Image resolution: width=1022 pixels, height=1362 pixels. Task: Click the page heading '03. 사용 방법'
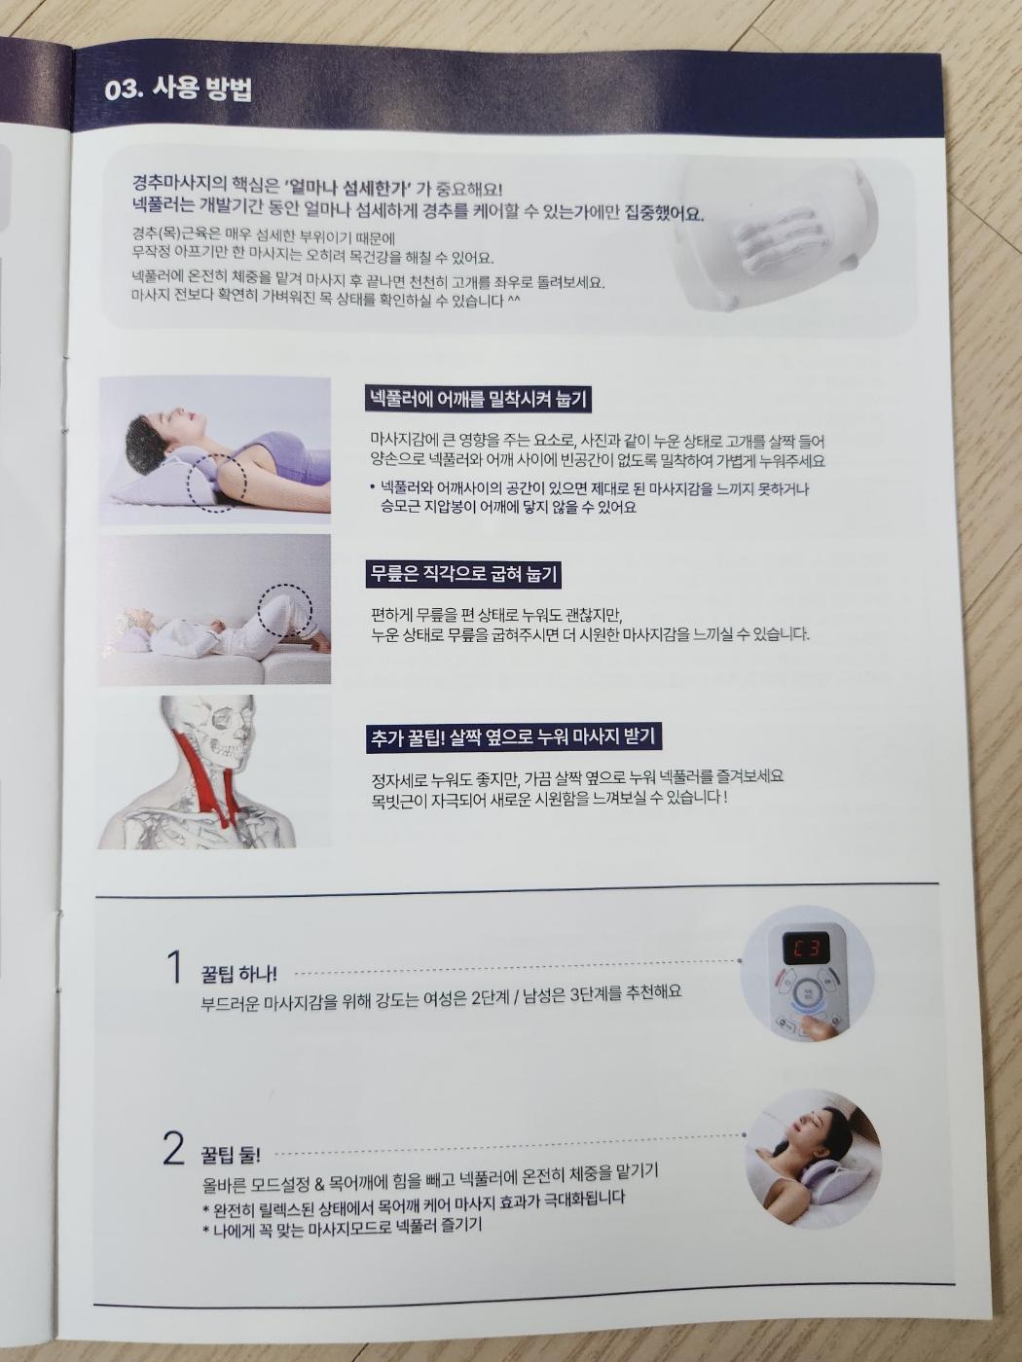178,90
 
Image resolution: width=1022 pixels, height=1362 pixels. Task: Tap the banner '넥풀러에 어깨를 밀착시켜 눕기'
478,399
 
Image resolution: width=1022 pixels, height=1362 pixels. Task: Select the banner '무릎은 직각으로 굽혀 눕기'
463,574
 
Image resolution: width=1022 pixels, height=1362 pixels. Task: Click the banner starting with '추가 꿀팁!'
514,737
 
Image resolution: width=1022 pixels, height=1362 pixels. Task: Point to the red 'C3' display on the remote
807,948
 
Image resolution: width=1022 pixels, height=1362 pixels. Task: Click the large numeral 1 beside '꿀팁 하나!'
175,969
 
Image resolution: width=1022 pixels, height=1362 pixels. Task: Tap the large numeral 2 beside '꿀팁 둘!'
173,1149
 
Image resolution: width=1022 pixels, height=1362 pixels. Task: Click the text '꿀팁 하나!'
238,974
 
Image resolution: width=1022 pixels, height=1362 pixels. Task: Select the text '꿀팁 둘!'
231,1155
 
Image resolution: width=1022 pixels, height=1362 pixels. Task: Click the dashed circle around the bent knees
284,610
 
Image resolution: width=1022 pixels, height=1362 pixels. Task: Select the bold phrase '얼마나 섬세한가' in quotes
351,187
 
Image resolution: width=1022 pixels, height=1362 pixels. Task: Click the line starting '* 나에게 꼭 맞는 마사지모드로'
342,1228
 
